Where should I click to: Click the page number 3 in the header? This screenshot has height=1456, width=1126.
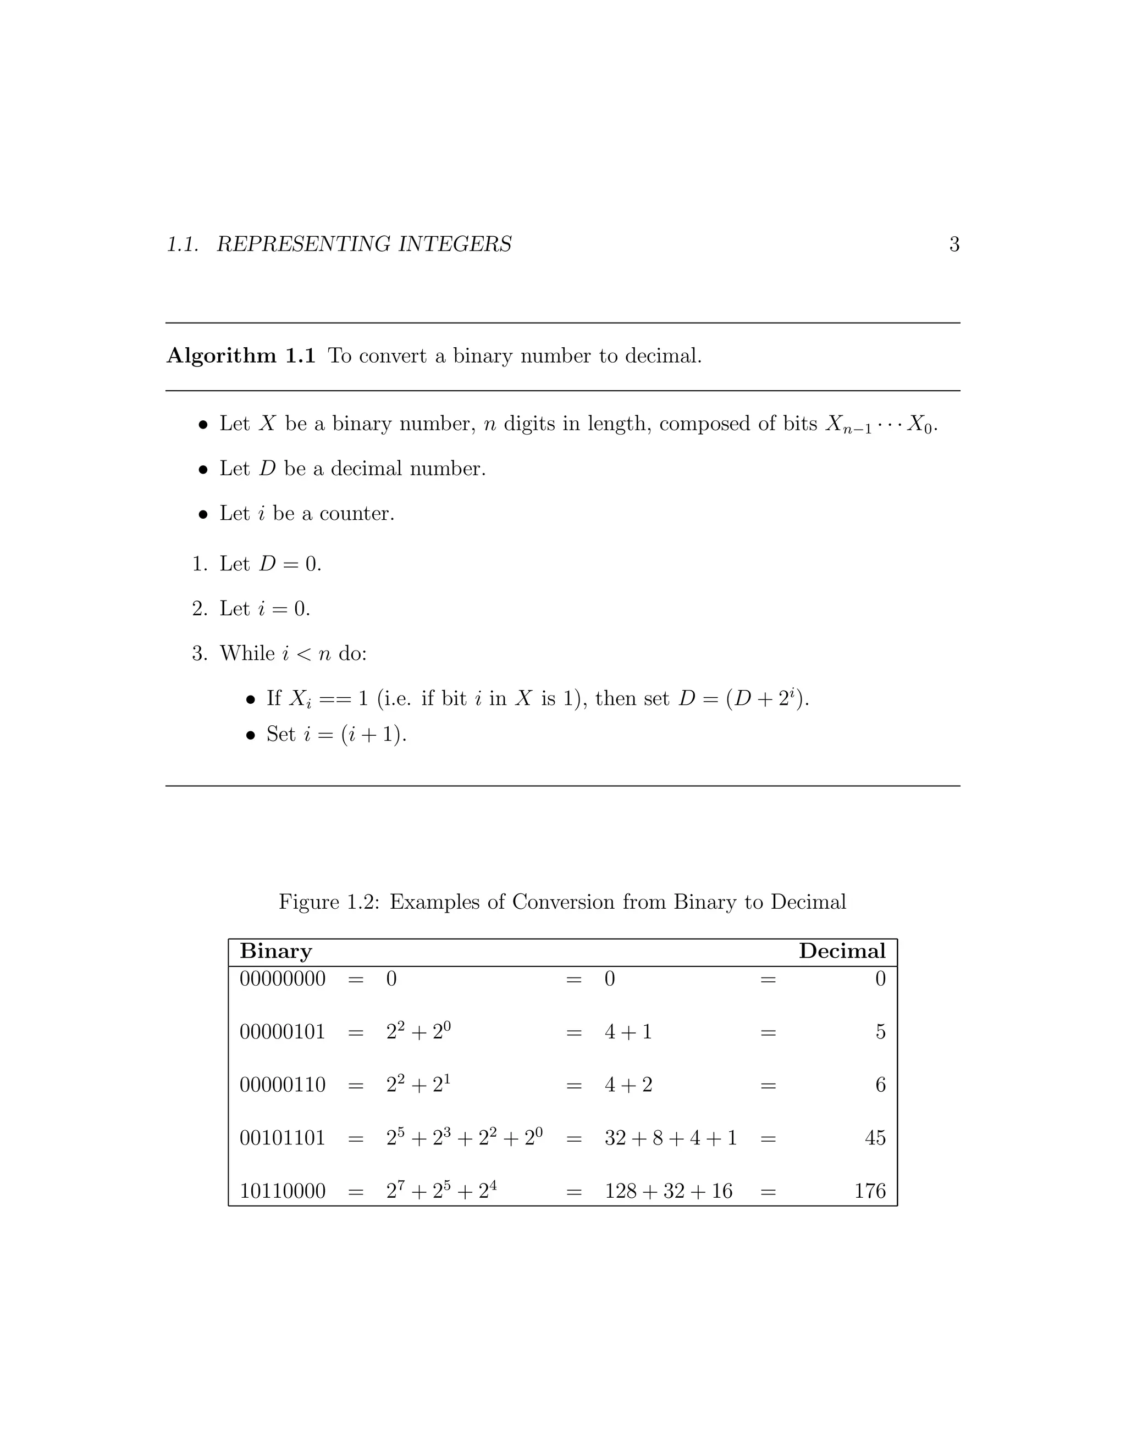pos(954,244)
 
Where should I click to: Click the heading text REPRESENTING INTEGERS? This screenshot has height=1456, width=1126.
pos(364,244)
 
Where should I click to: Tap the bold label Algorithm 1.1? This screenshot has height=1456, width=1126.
pos(241,356)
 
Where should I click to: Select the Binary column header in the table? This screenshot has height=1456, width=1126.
pos(275,951)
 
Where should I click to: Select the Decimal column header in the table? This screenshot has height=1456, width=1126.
pos(842,951)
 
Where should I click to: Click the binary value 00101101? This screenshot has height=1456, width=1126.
pos(282,1138)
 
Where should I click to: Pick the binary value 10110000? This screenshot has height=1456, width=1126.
pos(282,1191)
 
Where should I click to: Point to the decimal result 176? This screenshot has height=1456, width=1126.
pos(870,1191)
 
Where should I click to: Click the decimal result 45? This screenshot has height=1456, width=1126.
pos(875,1138)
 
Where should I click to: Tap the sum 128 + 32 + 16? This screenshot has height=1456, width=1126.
pos(669,1191)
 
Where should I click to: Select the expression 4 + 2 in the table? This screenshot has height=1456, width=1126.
pos(628,1085)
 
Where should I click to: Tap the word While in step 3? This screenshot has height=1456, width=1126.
pos(247,653)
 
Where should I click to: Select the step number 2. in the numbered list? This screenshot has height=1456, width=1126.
pos(200,609)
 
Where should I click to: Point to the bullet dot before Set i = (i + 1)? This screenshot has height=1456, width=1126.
pos(251,735)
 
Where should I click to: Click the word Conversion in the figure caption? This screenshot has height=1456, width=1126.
pos(564,902)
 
